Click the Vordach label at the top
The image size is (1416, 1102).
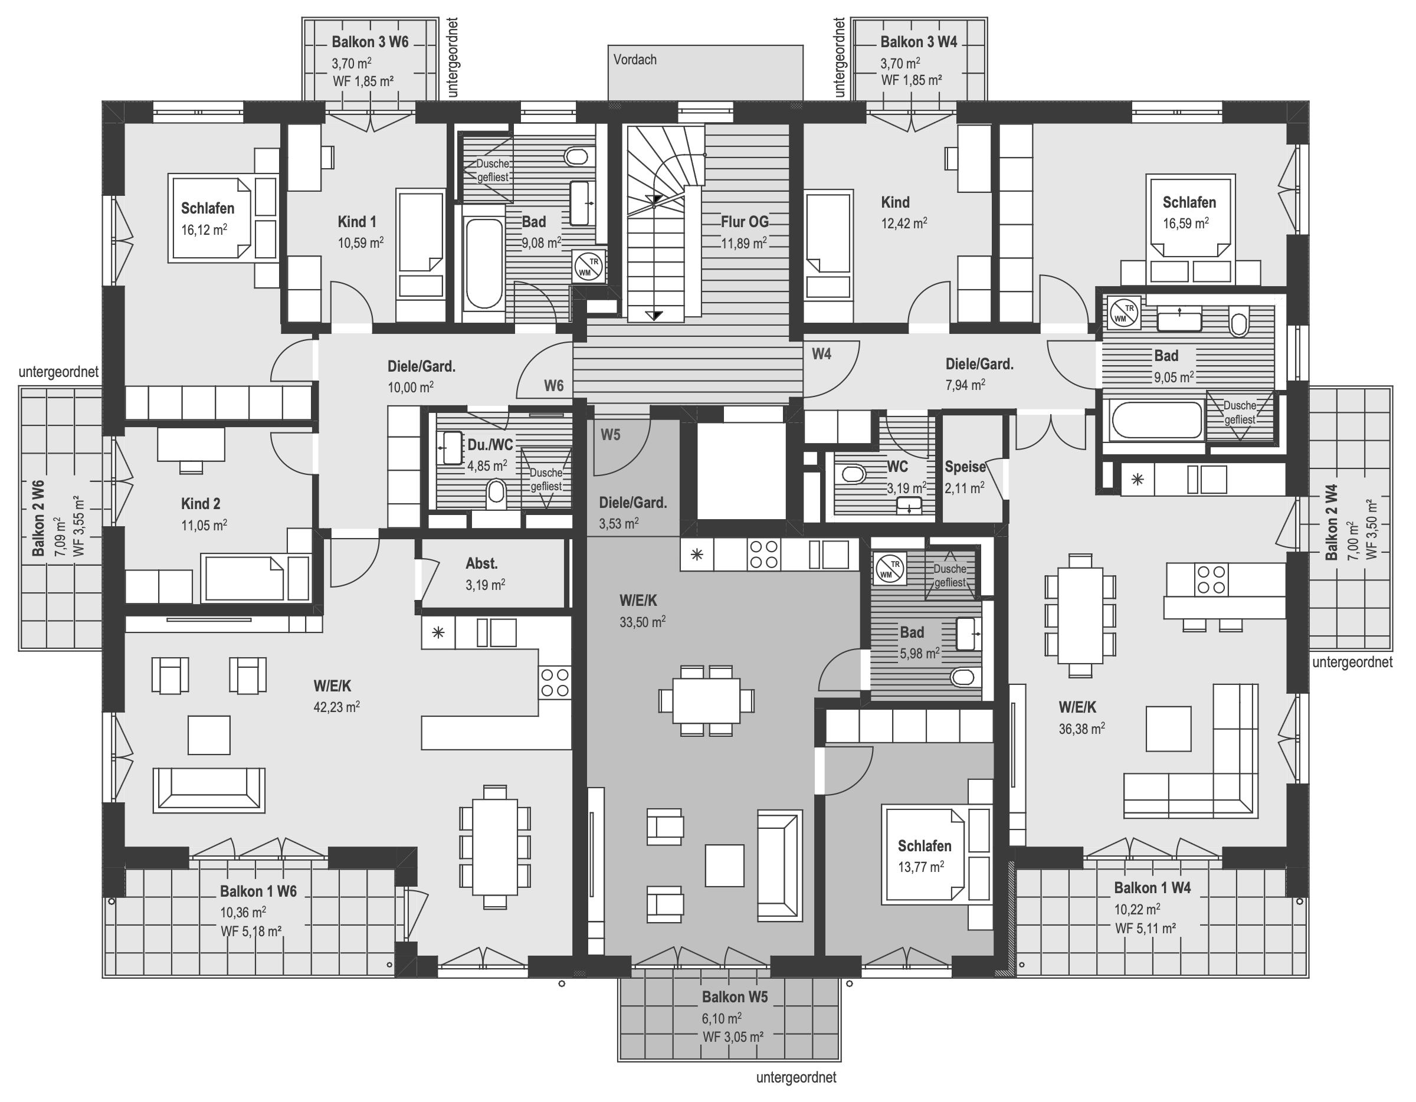click(635, 60)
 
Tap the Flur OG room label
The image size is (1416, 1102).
click(745, 222)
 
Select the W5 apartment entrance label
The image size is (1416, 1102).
click(610, 434)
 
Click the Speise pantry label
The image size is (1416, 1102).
click(965, 467)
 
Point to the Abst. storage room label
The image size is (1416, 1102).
click(481, 563)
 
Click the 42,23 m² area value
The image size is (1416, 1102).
click(336, 707)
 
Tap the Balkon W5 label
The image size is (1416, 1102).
click(735, 997)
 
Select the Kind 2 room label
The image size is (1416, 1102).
click(201, 504)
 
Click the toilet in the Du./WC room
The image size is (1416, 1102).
click(496, 491)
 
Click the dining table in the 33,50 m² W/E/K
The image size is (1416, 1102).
click(707, 700)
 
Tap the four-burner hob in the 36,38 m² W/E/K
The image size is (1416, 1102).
click(1211, 579)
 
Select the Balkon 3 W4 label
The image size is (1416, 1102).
click(919, 42)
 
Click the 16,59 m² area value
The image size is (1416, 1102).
click(1185, 224)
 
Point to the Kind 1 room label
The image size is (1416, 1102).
click(356, 222)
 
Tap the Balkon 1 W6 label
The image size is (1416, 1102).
click(258, 891)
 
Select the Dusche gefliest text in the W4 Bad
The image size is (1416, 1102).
click(1239, 412)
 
